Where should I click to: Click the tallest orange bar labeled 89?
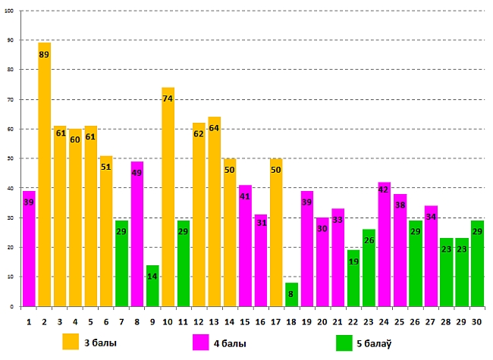click(x=44, y=174)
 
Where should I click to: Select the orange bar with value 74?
click(x=168, y=197)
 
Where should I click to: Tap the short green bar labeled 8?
click(x=292, y=295)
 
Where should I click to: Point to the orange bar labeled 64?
click(x=215, y=211)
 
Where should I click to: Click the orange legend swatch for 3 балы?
click(x=71, y=343)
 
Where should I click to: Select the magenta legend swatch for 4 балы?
click(x=201, y=343)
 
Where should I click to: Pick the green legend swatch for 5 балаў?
click(x=344, y=343)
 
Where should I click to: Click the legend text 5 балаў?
click(x=374, y=343)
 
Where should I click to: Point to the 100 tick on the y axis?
click(x=11, y=11)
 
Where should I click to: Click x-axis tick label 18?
click(x=292, y=321)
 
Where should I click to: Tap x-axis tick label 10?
click(x=168, y=321)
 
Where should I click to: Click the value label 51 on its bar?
click(x=106, y=167)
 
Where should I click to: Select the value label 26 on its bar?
click(x=369, y=241)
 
